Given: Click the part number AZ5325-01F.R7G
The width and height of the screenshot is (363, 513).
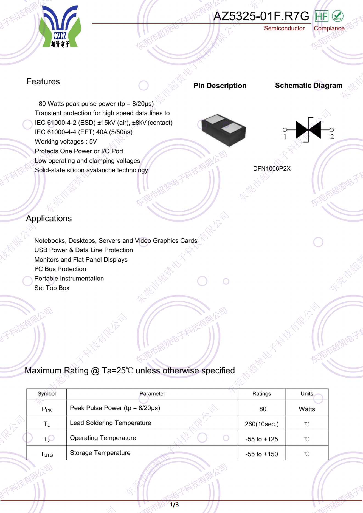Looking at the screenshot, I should (261, 16).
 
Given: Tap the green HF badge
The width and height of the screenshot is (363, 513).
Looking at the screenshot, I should (321, 16).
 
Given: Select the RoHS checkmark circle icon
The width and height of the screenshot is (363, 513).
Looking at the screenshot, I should (337, 16).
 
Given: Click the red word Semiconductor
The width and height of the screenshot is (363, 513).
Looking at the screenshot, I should (284, 28).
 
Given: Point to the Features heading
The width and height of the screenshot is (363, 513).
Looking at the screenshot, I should (43, 81).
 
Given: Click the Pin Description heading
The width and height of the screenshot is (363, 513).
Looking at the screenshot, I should (220, 86).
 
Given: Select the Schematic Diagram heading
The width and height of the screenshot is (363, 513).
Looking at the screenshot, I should (309, 85).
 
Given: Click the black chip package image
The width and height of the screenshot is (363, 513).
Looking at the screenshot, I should (224, 130).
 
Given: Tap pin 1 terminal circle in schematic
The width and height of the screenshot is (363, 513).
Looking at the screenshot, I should (285, 130).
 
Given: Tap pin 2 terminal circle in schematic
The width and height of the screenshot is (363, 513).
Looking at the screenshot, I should (332, 130).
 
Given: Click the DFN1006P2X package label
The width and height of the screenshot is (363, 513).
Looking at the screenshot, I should (272, 168).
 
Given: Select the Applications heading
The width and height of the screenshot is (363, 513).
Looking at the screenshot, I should (49, 218).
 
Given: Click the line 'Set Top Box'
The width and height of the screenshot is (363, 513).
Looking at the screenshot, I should (52, 288).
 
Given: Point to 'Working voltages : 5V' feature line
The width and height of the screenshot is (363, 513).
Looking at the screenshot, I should (66, 141).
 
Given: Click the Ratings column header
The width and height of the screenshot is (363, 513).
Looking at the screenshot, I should (261, 394).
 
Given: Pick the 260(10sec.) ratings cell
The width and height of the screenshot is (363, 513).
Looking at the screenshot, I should (261, 424).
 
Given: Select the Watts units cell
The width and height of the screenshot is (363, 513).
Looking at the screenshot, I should (307, 409).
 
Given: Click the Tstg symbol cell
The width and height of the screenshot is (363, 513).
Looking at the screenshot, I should (47, 454).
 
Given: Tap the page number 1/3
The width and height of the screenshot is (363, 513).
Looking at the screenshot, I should (174, 504).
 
